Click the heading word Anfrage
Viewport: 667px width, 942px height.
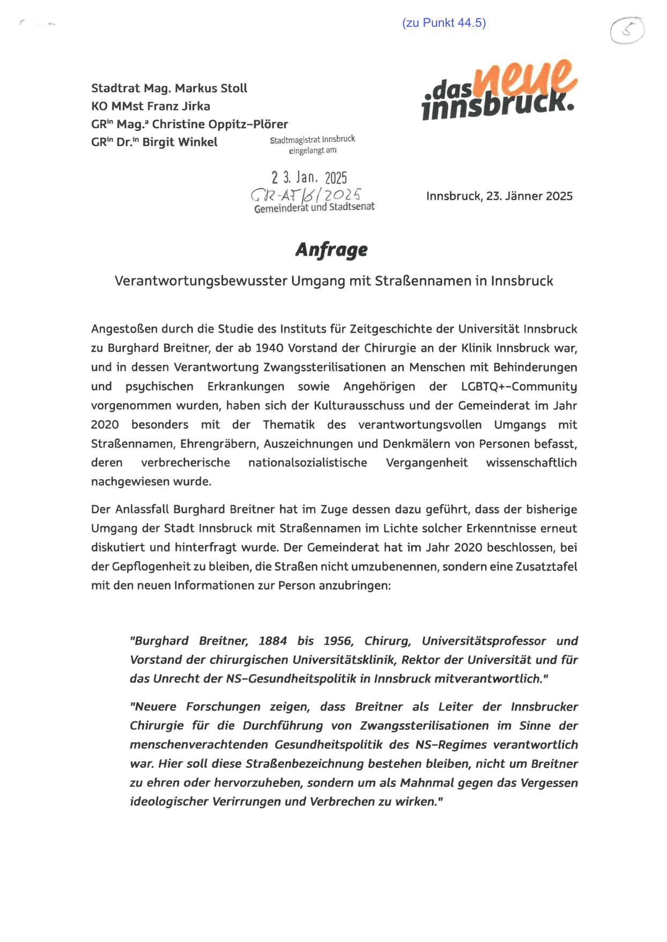point(331,250)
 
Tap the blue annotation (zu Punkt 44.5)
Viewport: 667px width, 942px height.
point(443,23)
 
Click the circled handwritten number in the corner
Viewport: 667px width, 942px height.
point(627,30)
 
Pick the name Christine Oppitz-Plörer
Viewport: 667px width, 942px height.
point(220,124)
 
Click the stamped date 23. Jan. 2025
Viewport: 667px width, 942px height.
point(309,177)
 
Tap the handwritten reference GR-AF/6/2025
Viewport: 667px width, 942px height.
point(306,195)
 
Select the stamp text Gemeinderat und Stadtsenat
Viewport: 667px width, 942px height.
point(314,207)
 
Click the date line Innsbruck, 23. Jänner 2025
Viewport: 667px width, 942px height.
point(499,196)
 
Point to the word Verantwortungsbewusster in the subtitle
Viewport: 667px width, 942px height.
point(201,281)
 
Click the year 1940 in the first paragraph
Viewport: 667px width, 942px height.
point(269,348)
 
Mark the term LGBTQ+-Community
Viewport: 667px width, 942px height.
point(519,387)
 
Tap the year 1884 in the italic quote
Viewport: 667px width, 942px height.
point(272,641)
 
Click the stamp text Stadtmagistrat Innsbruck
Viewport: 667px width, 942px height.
point(312,139)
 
